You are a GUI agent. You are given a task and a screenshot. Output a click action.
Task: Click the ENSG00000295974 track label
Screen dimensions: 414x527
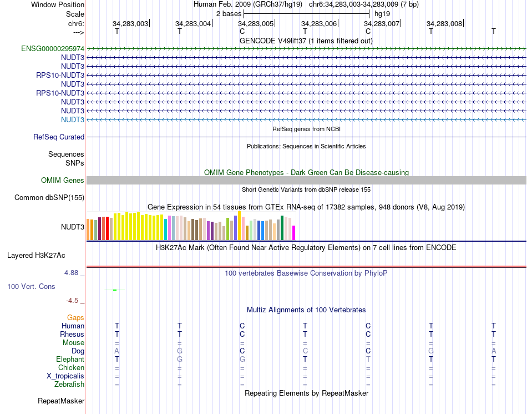(x=53, y=49)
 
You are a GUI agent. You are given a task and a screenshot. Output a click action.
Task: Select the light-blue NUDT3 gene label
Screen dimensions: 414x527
(x=73, y=120)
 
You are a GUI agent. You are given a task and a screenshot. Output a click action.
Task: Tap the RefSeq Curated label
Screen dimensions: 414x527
(x=59, y=137)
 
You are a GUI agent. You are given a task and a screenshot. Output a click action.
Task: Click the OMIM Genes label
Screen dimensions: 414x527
(x=63, y=181)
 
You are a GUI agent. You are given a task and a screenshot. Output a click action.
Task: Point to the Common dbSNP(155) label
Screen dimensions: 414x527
(x=49, y=198)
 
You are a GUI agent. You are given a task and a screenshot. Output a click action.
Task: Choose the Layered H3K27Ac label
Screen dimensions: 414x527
(x=36, y=256)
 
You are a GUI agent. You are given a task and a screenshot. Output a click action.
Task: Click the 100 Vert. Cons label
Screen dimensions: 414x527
(x=31, y=287)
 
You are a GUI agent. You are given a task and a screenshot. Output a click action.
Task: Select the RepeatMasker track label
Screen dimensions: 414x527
(x=61, y=401)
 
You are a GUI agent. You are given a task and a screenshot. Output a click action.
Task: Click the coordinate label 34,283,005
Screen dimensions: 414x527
(x=256, y=24)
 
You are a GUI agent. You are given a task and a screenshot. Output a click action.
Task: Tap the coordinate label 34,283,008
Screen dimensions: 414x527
(x=444, y=24)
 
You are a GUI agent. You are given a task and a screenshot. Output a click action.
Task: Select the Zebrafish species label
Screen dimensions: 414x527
(x=69, y=385)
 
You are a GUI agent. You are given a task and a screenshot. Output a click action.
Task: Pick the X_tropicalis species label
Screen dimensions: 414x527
(x=65, y=376)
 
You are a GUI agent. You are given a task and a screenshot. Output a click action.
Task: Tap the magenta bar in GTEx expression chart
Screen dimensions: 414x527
(x=294, y=233)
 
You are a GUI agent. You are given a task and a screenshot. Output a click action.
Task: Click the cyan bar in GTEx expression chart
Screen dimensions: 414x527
(x=166, y=230)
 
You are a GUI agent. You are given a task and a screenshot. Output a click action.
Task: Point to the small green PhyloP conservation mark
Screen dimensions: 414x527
(x=114, y=290)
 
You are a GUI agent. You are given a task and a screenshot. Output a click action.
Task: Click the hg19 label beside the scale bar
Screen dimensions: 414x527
(x=382, y=13)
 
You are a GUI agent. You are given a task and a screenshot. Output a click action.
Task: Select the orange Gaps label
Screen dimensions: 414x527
(x=75, y=318)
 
